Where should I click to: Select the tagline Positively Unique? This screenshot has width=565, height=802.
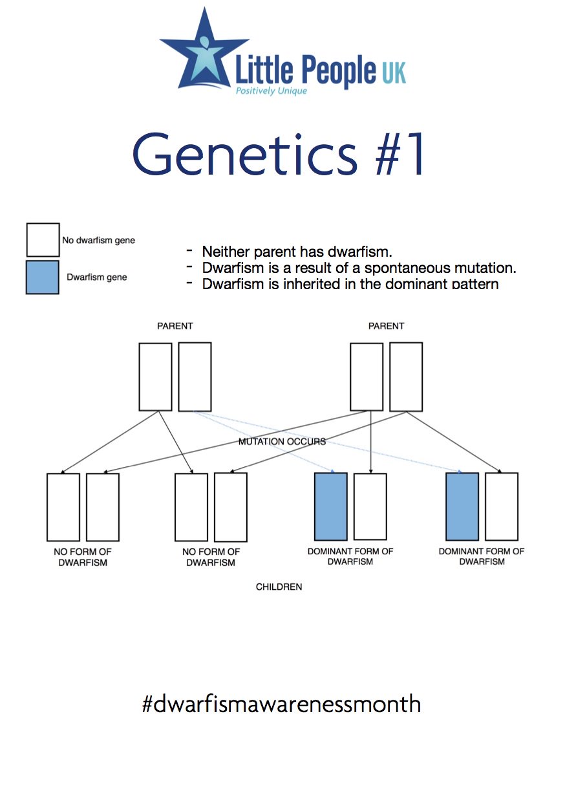(271, 91)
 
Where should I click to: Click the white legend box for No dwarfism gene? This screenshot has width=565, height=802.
(42, 240)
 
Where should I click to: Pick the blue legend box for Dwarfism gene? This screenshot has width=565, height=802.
(42, 277)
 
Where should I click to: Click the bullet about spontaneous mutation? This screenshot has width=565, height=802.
(359, 268)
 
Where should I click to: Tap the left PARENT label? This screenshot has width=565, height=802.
(175, 326)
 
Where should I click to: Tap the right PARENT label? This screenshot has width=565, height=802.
(386, 326)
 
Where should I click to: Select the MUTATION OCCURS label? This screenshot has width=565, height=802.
(282, 442)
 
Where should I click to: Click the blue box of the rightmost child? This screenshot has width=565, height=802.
(462, 506)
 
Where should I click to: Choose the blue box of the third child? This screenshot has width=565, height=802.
(330, 506)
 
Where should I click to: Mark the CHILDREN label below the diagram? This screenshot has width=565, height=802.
(279, 587)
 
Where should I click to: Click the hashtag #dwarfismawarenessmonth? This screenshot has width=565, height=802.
(281, 703)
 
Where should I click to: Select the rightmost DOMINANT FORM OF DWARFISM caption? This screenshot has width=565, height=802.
(482, 556)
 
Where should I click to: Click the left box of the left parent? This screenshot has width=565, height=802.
(155, 376)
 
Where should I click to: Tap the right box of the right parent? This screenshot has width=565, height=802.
(406, 376)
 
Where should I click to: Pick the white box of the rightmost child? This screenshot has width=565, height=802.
(502, 506)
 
